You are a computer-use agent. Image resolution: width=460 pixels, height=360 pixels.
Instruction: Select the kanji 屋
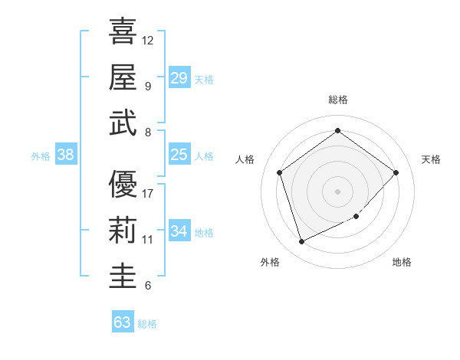click(123, 77)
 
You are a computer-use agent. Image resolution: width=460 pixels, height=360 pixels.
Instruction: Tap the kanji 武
click(123, 123)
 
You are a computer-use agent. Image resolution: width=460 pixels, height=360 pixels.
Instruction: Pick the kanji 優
click(123, 184)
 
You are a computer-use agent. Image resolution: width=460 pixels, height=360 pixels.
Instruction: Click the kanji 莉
click(123, 230)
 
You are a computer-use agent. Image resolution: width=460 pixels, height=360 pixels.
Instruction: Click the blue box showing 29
click(179, 78)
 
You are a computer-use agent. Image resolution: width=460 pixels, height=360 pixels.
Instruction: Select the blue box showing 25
click(179, 155)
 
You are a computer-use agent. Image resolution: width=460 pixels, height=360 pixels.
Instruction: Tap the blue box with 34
click(179, 231)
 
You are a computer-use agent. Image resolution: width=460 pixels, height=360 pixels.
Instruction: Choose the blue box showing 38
click(66, 155)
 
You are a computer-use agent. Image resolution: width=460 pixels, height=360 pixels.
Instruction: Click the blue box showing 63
click(123, 322)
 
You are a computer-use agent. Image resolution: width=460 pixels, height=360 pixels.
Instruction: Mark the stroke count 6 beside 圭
click(147, 286)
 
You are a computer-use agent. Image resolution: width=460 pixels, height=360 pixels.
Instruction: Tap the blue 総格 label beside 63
click(148, 324)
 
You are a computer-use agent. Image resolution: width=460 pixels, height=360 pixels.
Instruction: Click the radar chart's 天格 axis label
click(431, 159)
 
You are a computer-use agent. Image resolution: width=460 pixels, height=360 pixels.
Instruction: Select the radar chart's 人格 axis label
click(245, 159)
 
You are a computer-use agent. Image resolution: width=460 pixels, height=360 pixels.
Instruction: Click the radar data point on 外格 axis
click(301, 242)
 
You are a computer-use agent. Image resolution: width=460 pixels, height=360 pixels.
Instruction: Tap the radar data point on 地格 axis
click(356, 217)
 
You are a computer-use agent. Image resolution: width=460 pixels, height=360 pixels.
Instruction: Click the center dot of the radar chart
click(337, 191)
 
